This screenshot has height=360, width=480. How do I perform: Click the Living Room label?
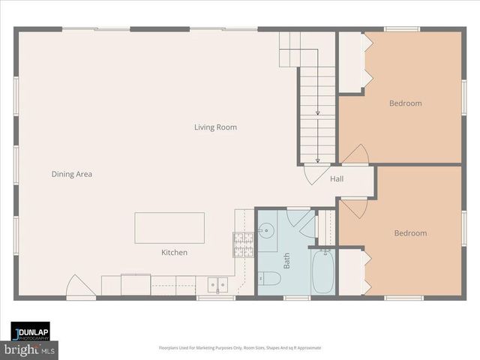(x=215, y=127)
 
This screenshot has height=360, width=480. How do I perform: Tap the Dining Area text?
(x=72, y=174)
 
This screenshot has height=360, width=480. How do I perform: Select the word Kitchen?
(x=174, y=253)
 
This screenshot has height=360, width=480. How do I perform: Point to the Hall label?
(x=337, y=179)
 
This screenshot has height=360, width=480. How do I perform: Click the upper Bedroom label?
(x=405, y=103)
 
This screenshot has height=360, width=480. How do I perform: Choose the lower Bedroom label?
(x=410, y=233)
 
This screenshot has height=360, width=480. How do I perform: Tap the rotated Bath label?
(x=286, y=260)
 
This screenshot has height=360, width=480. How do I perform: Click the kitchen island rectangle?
(x=169, y=228)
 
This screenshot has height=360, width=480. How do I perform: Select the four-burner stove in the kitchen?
(x=243, y=244)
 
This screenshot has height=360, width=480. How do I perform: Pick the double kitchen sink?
(x=218, y=285)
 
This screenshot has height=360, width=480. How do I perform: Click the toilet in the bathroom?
(x=270, y=279)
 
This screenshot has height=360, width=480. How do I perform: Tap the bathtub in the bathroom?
(x=324, y=271)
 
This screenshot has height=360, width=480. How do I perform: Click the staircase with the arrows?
(x=317, y=112)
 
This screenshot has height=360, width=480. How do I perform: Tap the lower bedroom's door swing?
(x=354, y=208)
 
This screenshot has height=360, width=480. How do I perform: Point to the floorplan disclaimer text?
(x=239, y=348)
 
